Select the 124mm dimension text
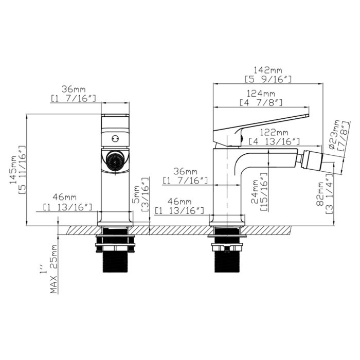point(261,93)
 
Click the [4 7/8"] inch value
point(261,102)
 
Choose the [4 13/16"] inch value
point(274,141)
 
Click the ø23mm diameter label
point(333,135)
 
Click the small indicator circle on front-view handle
point(115,138)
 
